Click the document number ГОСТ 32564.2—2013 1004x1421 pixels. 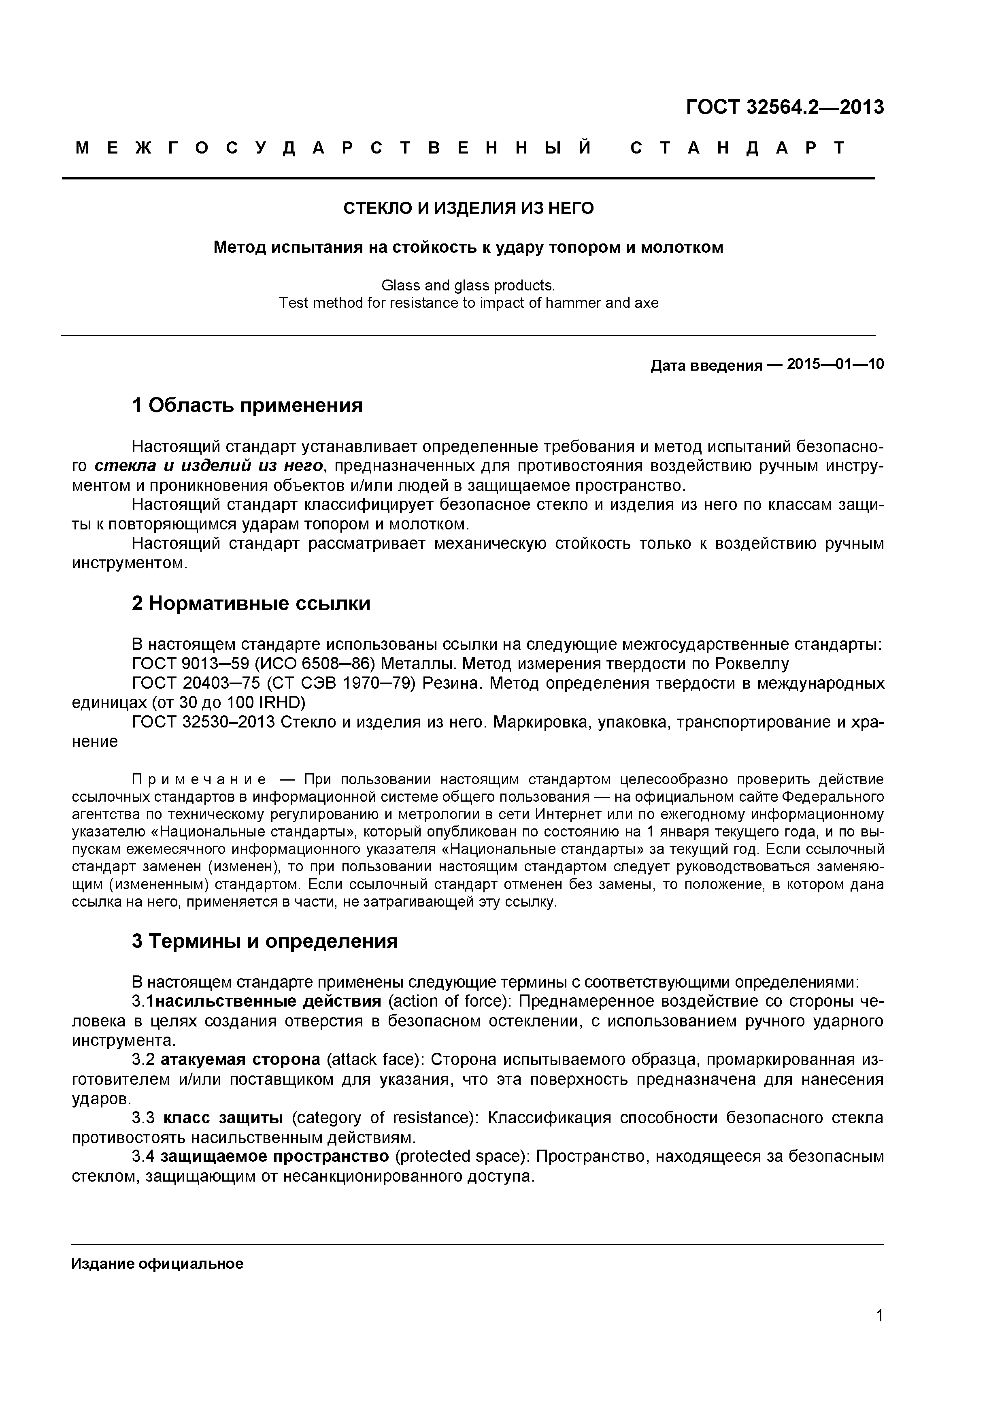785,108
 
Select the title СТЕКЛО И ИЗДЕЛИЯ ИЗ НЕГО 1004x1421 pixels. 468,209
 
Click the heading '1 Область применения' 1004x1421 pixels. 247,406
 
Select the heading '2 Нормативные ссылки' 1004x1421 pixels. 251,604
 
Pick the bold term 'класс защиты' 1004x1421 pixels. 223,1118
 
